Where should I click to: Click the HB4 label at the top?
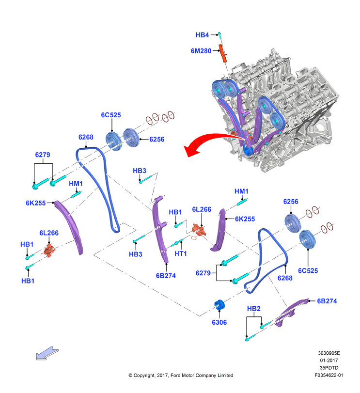(x=202, y=35)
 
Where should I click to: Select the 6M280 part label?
(x=201, y=51)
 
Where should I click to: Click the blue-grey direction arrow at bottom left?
(x=47, y=353)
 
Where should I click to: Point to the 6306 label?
(x=219, y=322)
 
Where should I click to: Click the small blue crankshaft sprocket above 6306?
(x=219, y=305)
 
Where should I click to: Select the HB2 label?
(x=253, y=309)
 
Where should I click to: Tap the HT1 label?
(x=181, y=253)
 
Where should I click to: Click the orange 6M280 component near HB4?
(x=223, y=53)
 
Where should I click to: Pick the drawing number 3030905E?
(x=329, y=353)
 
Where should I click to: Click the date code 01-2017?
(x=329, y=361)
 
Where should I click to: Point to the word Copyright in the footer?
(x=144, y=375)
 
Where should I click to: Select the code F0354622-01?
(x=329, y=375)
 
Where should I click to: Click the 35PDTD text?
(x=329, y=368)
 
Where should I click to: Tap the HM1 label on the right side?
(x=241, y=191)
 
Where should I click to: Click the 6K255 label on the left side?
(x=36, y=203)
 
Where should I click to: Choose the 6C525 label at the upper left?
(x=111, y=115)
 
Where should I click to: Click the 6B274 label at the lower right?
(x=327, y=301)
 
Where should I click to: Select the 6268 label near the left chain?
(x=86, y=137)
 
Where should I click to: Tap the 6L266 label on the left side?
(x=49, y=233)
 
